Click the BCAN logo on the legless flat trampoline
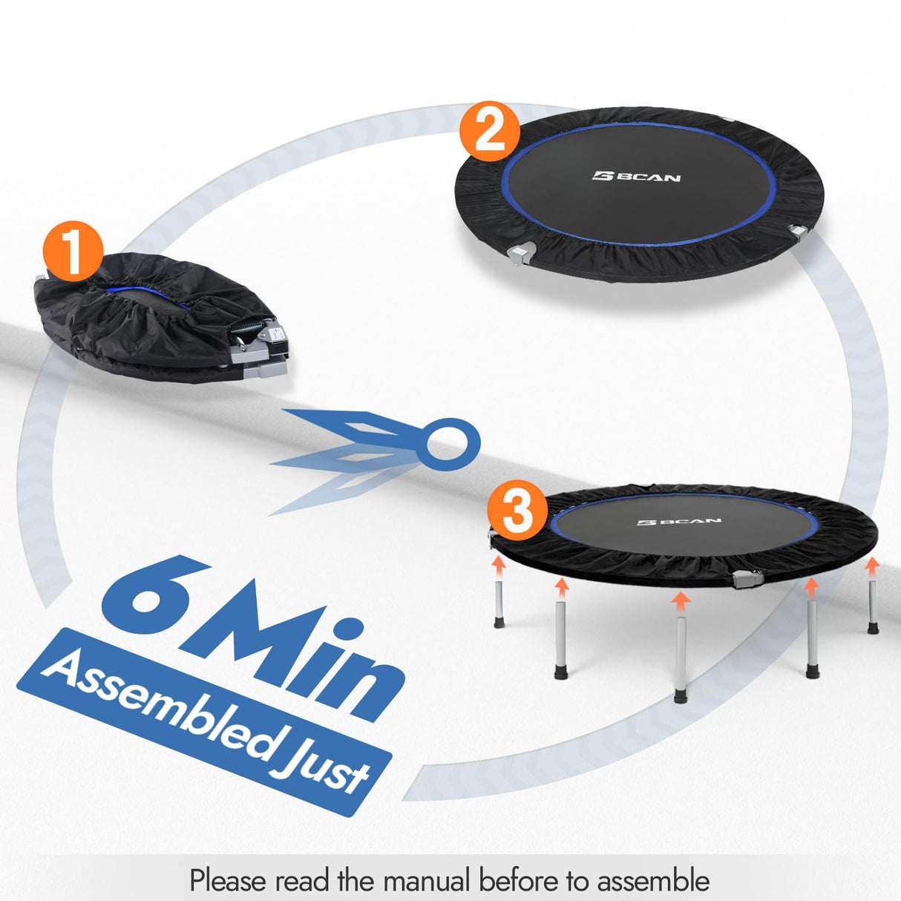636,177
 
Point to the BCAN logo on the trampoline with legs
678,522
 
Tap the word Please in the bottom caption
227,881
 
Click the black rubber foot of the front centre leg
680,696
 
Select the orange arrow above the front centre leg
679,598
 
